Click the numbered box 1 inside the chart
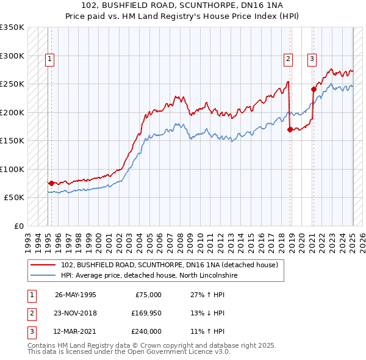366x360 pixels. click(49, 59)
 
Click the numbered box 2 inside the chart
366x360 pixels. click(287, 59)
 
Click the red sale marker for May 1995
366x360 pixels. click(51, 183)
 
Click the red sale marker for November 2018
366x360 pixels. click(290, 129)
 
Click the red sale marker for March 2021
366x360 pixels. click(314, 89)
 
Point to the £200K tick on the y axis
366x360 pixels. click(12, 112)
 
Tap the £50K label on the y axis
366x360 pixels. click(15, 198)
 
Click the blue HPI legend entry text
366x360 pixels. click(149, 276)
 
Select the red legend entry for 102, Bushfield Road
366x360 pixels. click(169, 265)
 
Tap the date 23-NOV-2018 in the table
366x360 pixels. click(76, 313)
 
